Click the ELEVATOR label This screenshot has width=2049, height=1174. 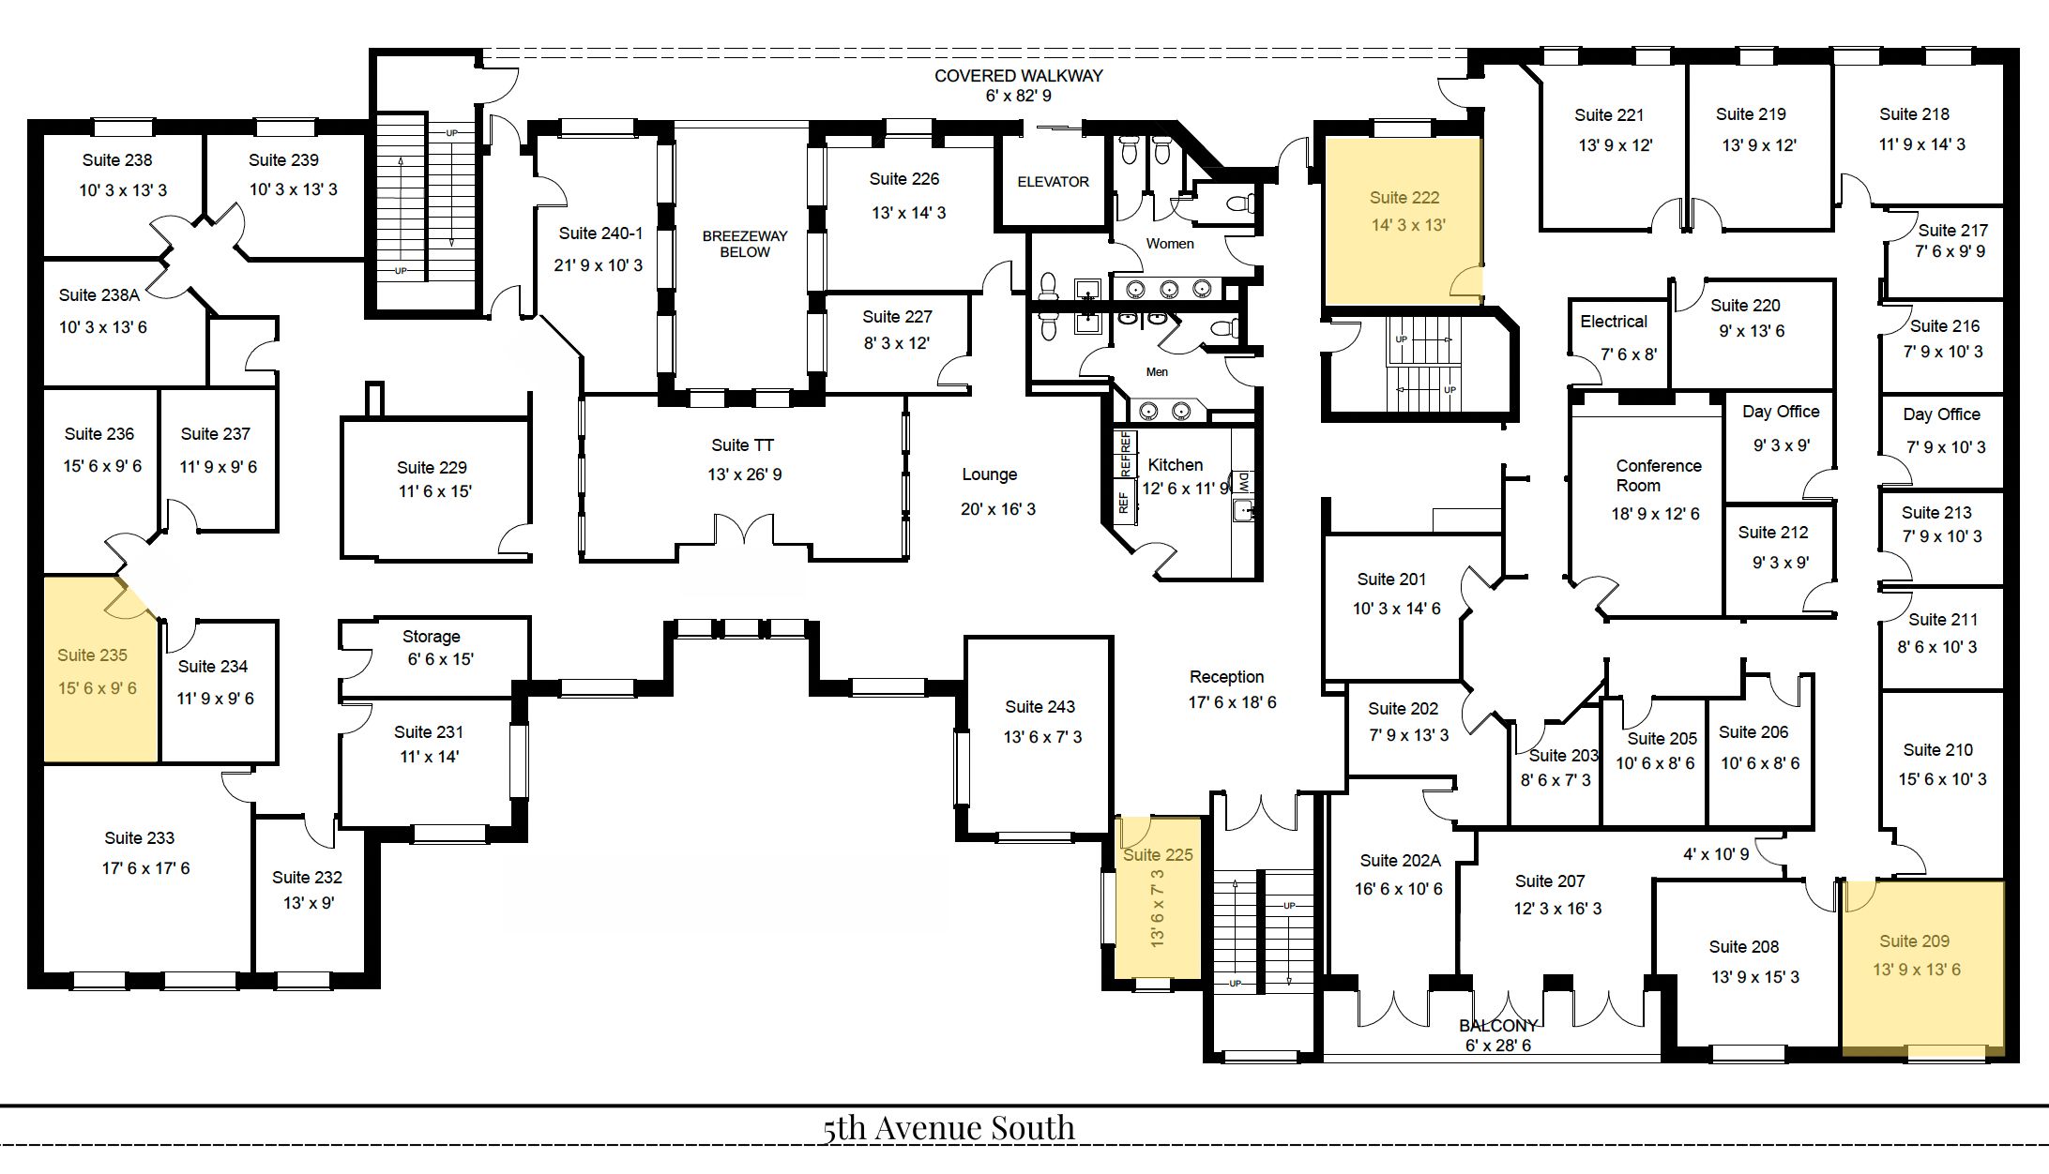click(x=1053, y=182)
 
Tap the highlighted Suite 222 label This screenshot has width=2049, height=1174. click(x=1404, y=198)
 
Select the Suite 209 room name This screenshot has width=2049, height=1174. click(x=1914, y=941)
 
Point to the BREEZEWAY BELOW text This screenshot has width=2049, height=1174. click(x=745, y=244)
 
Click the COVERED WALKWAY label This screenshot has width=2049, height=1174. click(x=1018, y=76)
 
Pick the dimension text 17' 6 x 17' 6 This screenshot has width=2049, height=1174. click(x=145, y=868)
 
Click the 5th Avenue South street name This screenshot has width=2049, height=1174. click(x=949, y=1128)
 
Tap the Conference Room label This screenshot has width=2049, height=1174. click(x=1658, y=475)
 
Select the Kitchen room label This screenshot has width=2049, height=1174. click(x=1175, y=465)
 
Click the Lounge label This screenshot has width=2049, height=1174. click(x=989, y=474)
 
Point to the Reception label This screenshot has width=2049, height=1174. click(x=1226, y=677)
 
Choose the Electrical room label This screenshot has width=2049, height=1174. click(x=1614, y=322)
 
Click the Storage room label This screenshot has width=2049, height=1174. click(x=432, y=637)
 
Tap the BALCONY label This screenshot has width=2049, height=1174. click(x=1498, y=1026)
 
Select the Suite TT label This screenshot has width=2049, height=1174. click(x=742, y=445)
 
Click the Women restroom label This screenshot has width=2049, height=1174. click(x=1170, y=244)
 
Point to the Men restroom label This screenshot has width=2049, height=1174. click(x=1157, y=372)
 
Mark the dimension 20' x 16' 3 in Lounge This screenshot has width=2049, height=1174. click(x=998, y=509)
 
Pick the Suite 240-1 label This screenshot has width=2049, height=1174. click(x=600, y=233)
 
